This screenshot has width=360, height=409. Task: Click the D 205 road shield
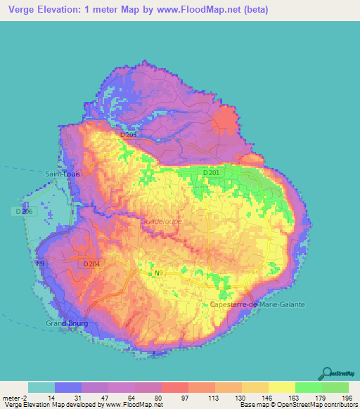[x=129, y=134]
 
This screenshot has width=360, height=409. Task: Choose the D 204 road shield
[x=91, y=264]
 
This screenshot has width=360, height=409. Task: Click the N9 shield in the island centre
[x=158, y=273]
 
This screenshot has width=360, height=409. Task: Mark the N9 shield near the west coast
[x=41, y=264]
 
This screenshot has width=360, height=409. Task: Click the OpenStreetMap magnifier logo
[x=328, y=373]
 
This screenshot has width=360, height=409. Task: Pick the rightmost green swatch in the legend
[x=335, y=387]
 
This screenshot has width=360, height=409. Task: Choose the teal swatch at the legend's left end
[x=41, y=387]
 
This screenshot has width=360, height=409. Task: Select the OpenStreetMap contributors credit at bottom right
[x=313, y=405]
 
